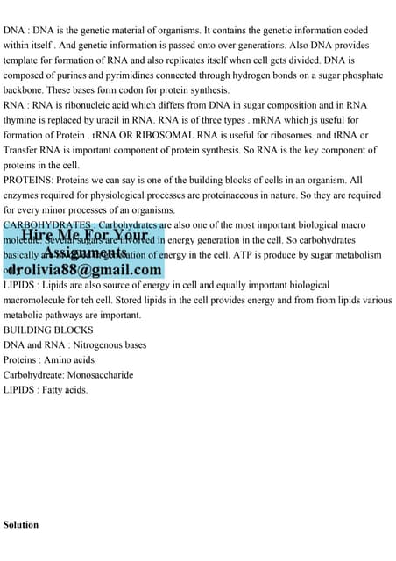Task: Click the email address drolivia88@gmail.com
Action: pyautogui.click(x=85, y=270)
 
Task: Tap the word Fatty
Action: pyautogui.click(x=55, y=389)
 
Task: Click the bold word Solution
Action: pyautogui.click(x=21, y=524)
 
